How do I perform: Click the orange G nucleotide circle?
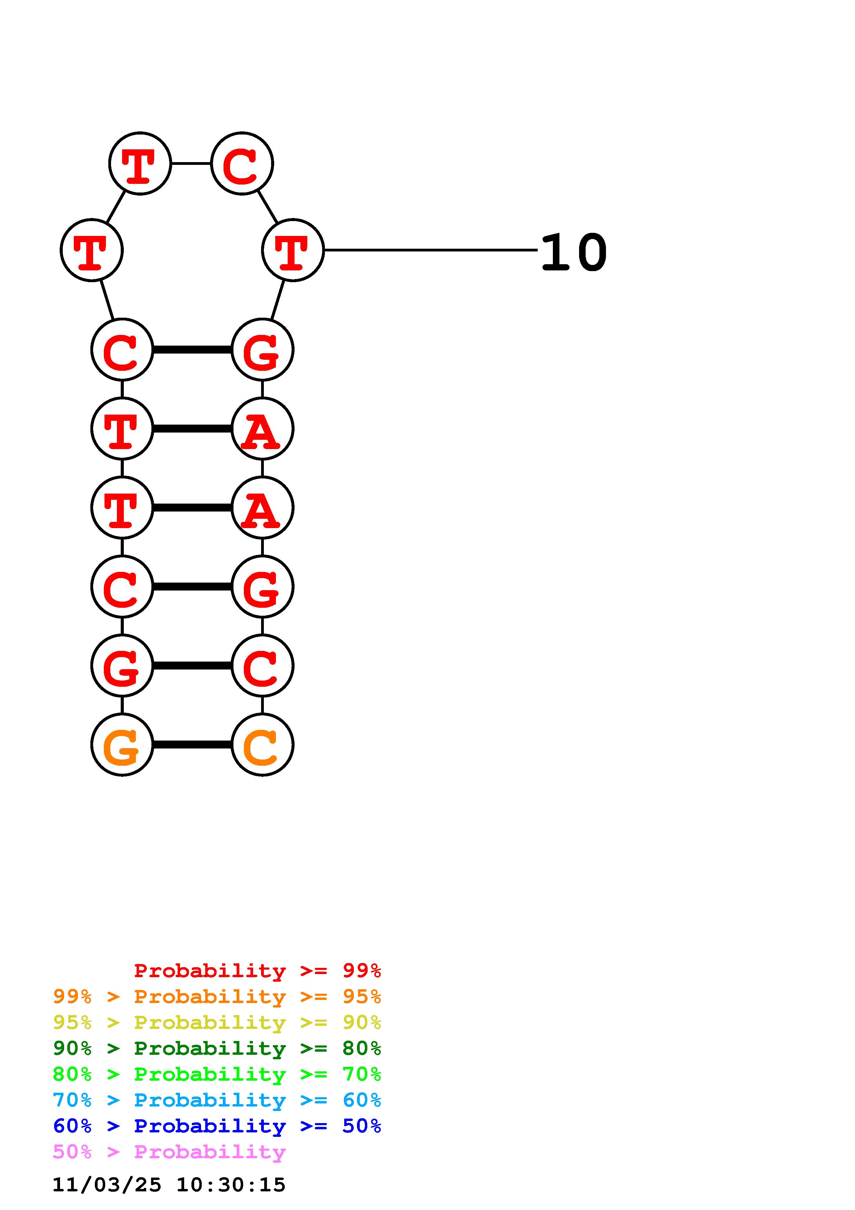pos(122,745)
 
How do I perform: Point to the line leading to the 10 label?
pos(429,250)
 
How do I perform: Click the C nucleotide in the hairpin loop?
pos(242,163)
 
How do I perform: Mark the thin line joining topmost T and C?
pos(191,163)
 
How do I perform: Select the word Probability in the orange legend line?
pos(210,996)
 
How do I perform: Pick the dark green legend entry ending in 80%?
pos(217,1048)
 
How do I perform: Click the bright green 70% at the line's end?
pos(361,1074)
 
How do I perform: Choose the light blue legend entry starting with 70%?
pos(217,1100)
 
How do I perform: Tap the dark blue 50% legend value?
pos(361,1126)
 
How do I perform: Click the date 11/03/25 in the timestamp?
pos(107,1185)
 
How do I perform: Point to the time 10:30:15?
pos(231,1185)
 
